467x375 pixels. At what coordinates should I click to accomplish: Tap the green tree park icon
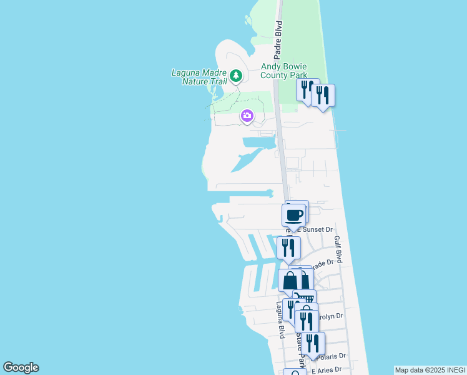(x=235, y=76)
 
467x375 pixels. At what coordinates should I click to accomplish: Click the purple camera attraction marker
(x=247, y=116)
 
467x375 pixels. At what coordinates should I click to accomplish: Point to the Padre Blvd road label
(x=279, y=41)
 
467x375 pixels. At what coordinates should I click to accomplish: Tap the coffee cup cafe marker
(x=294, y=216)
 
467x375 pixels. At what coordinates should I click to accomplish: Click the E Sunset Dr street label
(x=318, y=229)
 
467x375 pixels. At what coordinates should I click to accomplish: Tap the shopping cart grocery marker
(x=304, y=299)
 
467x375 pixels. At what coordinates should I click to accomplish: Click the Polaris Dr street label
(x=332, y=356)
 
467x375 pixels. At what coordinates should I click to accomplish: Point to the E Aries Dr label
(x=328, y=371)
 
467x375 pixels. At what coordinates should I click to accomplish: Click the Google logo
(x=21, y=367)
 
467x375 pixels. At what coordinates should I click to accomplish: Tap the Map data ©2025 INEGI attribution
(x=430, y=370)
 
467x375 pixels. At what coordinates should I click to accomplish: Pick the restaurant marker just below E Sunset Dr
(x=288, y=247)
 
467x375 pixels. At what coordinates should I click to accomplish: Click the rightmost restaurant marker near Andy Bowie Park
(x=323, y=96)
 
